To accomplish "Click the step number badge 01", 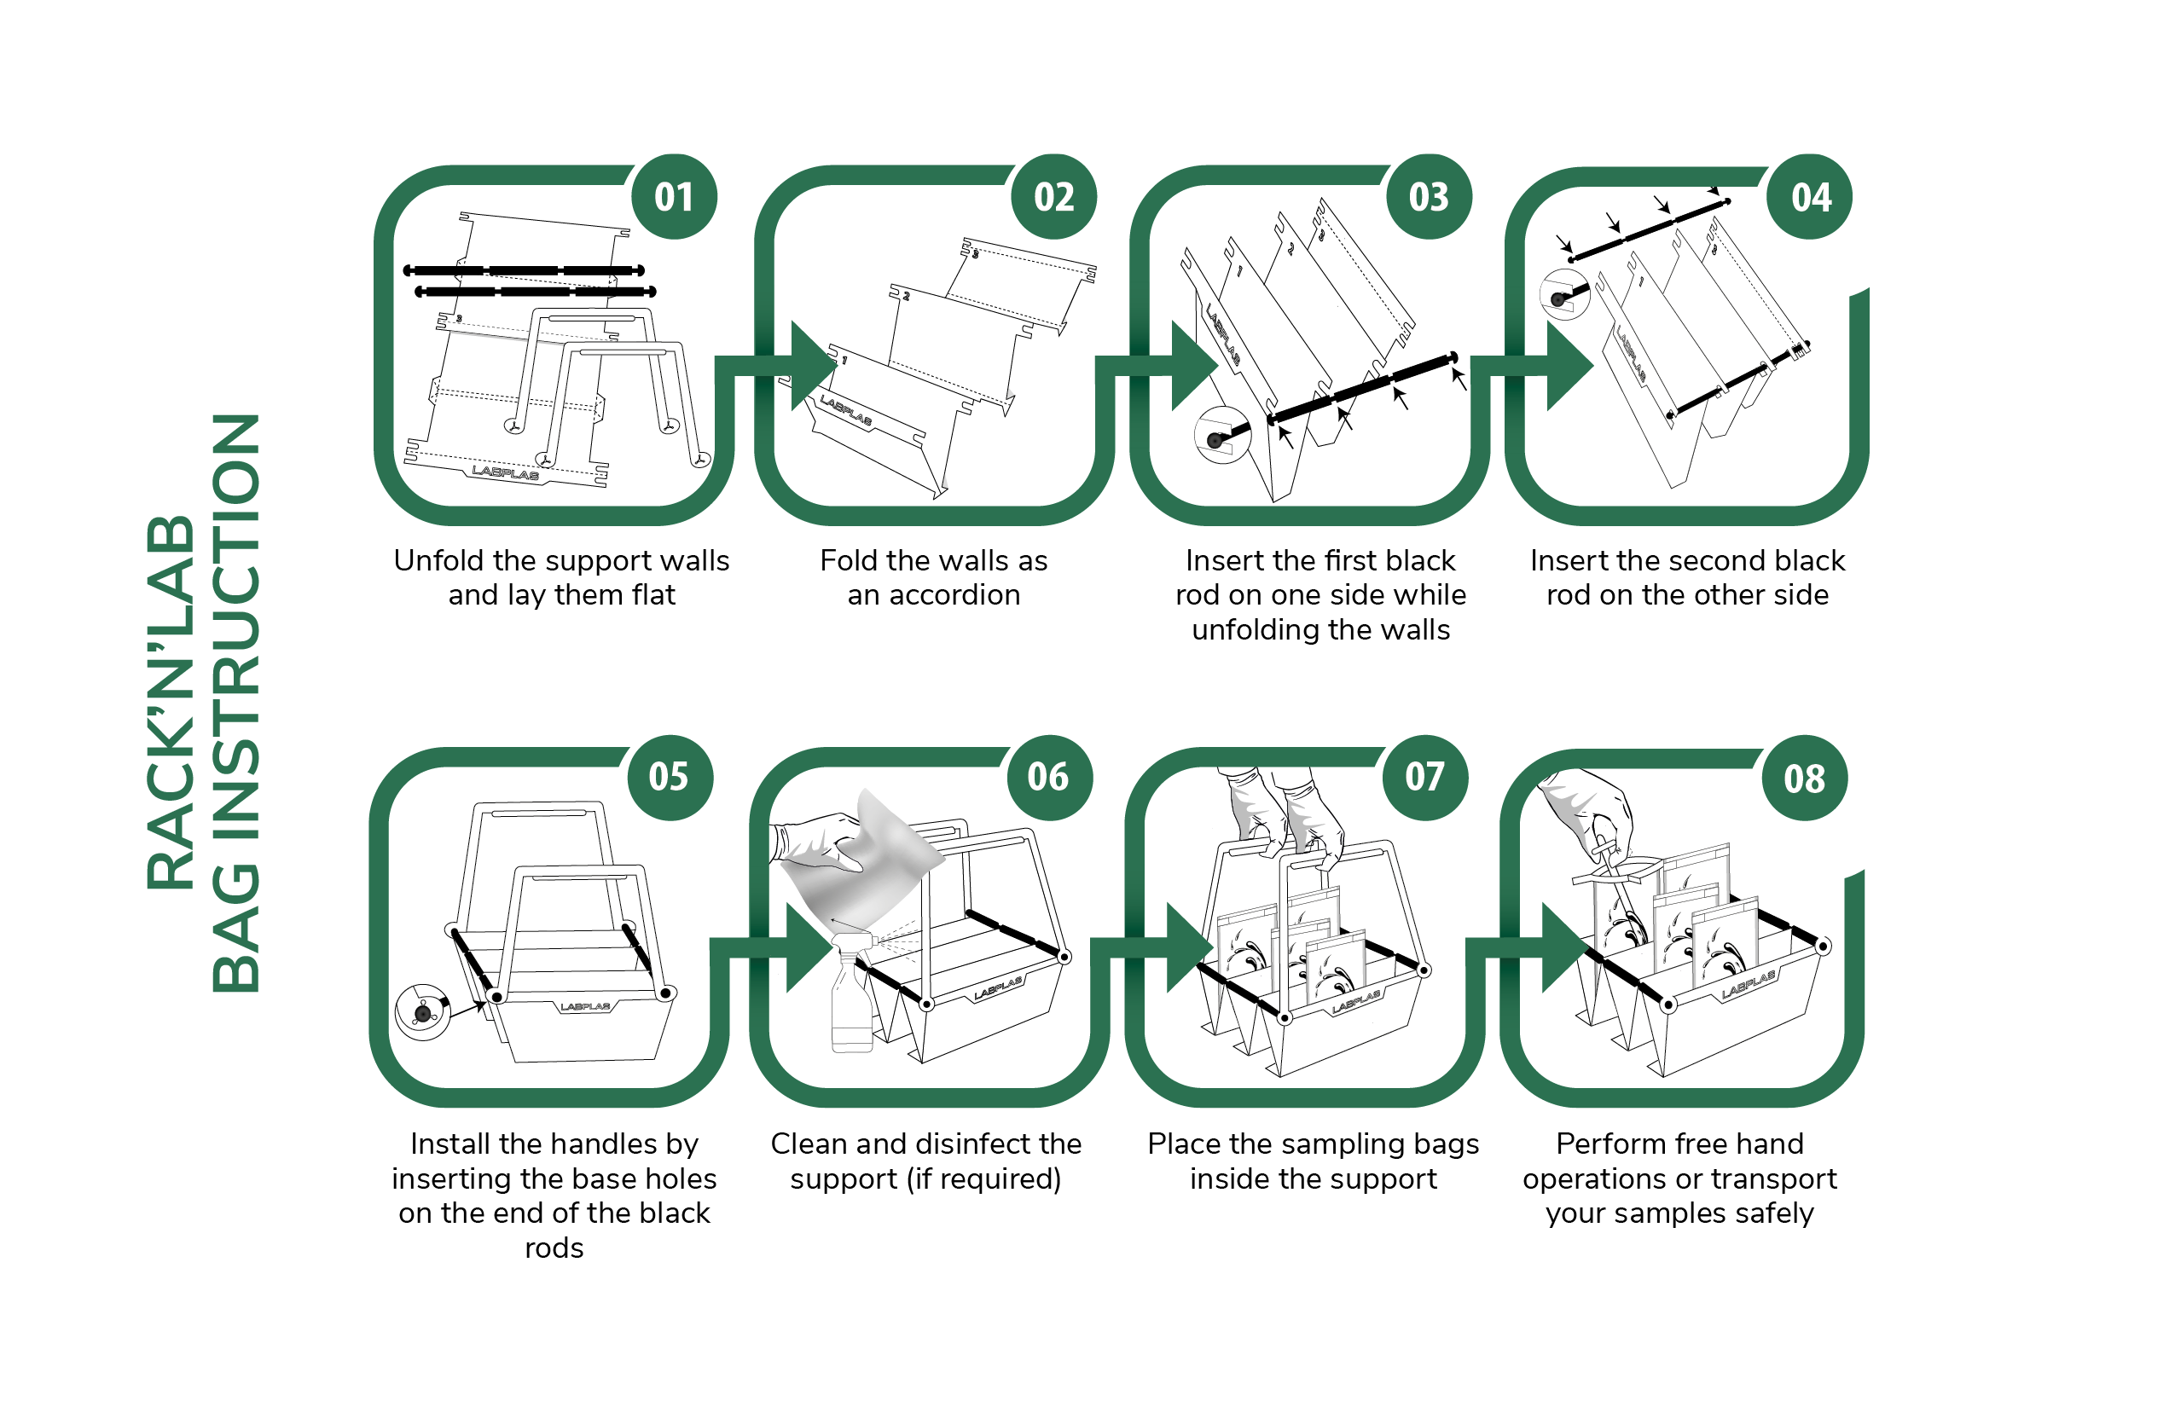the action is pyautogui.click(x=675, y=196).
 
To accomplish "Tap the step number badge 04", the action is pyautogui.click(x=1809, y=196).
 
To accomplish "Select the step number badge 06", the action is pyautogui.click(x=1048, y=778).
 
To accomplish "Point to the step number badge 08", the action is pyautogui.click(x=1805, y=779).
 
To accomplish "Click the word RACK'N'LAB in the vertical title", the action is pyautogui.click(x=171, y=703).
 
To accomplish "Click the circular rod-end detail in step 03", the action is pyautogui.click(x=1221, y=436).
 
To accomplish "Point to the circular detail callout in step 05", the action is pyautogui.click(x=422, y=1012).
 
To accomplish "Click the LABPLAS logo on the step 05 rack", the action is pyautogui.click(x=586, y=1007).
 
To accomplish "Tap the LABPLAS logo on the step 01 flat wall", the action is pyautogui.click(x=505, y=472).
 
